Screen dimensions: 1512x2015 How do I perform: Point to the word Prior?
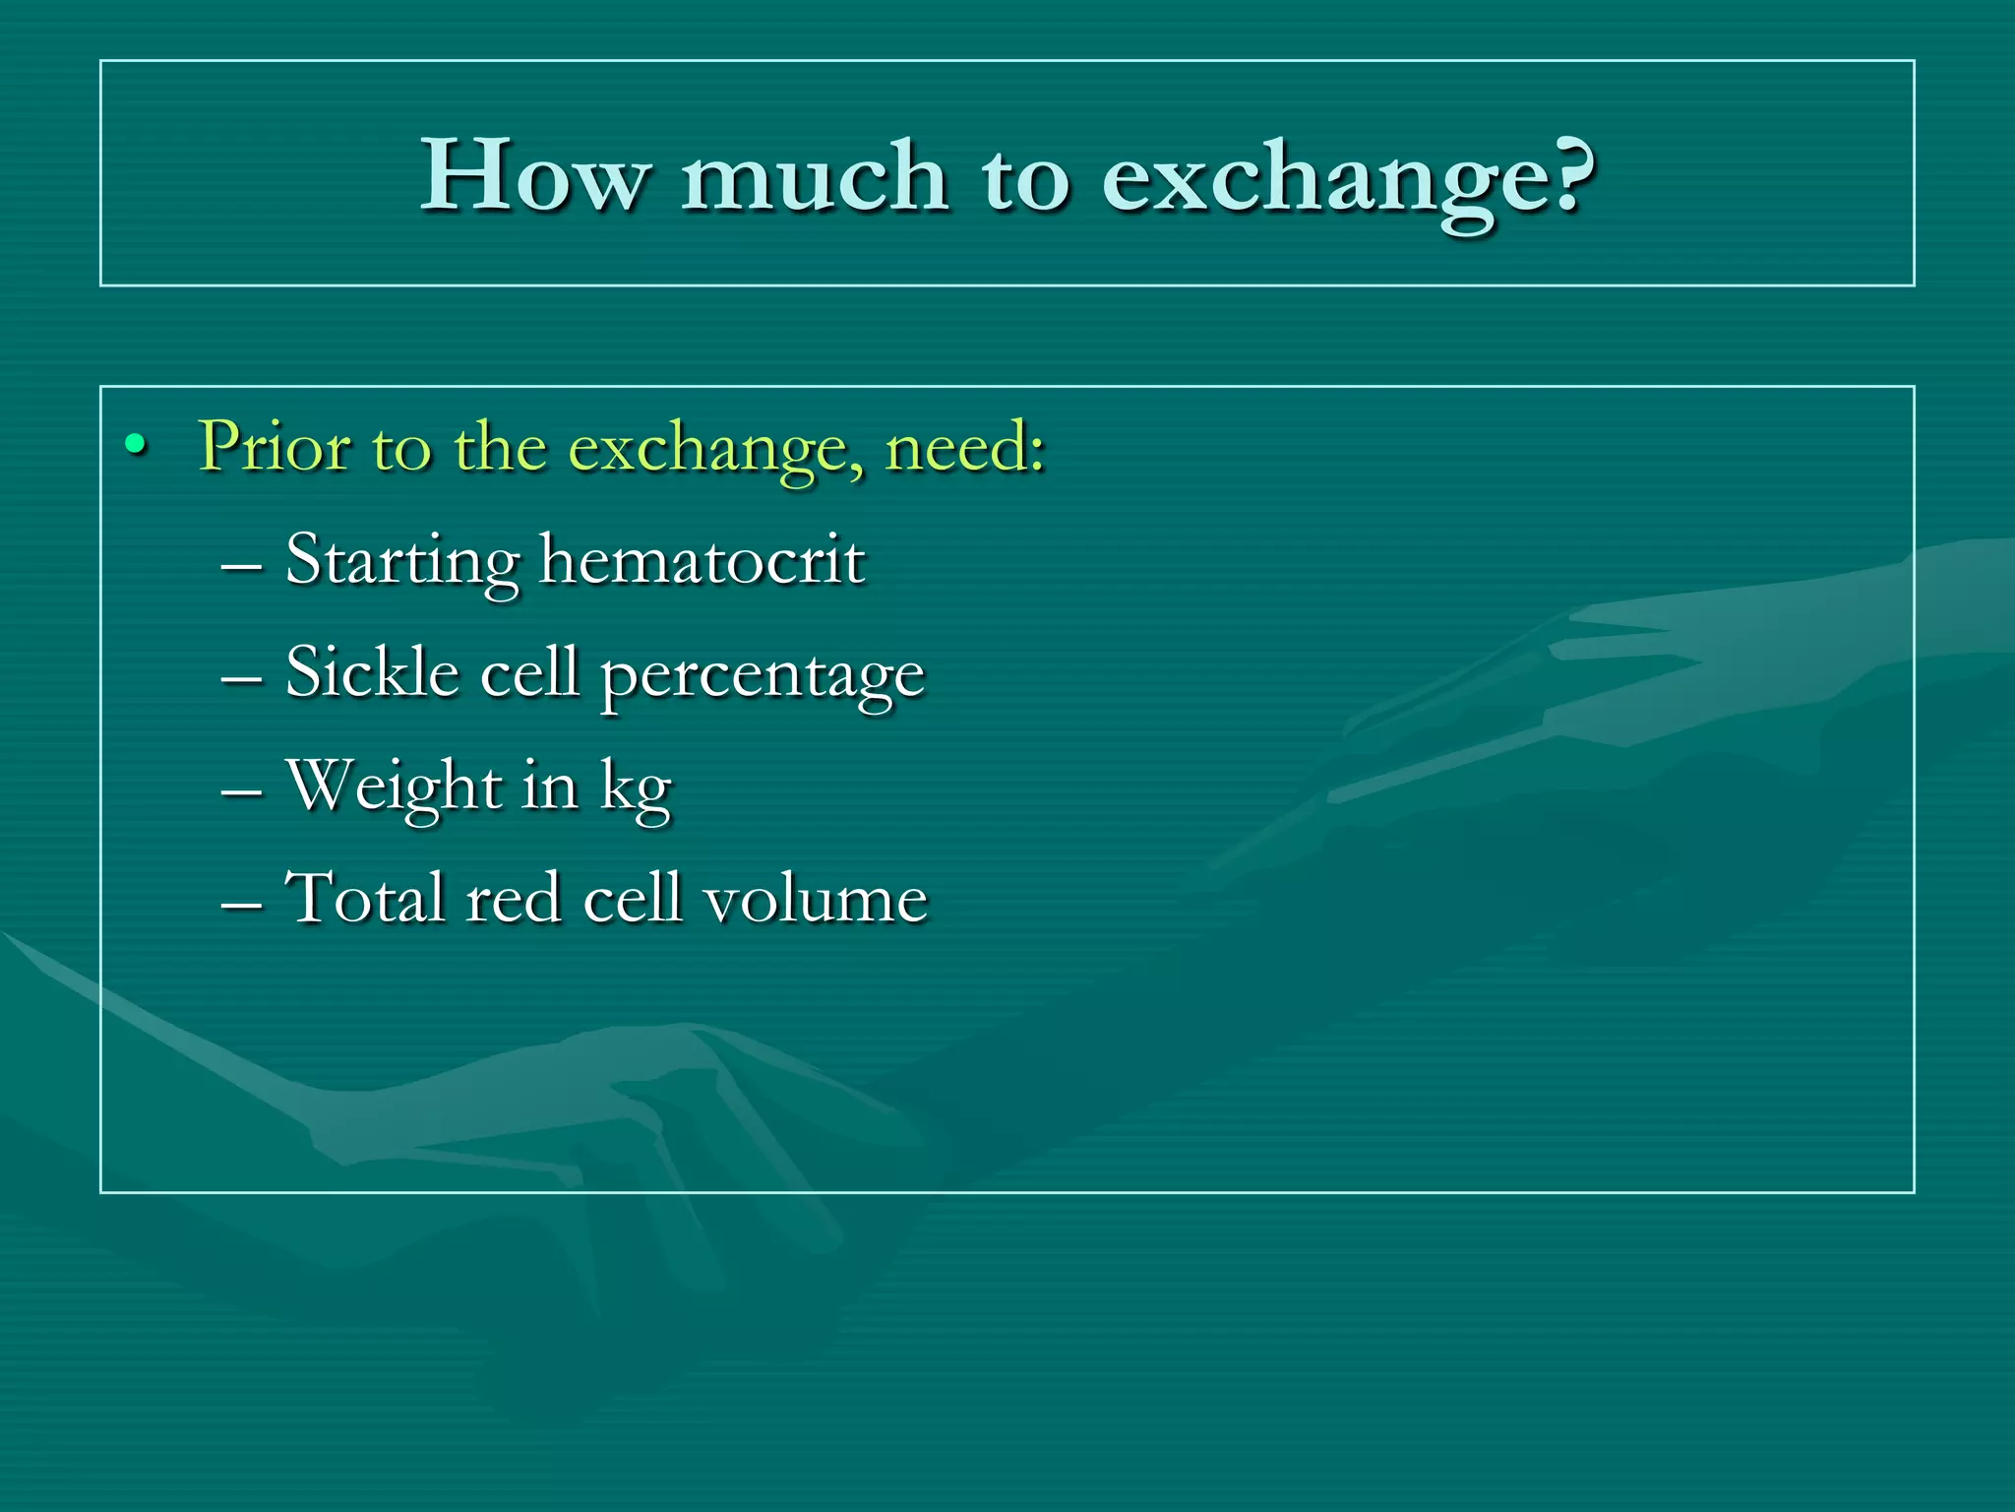pos(275,446)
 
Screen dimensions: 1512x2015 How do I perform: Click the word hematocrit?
pos(702,559)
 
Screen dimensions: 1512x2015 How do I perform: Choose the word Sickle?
pos(372,672)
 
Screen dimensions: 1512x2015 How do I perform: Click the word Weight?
pos(394,787)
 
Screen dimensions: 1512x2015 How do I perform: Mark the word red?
pos(513,900)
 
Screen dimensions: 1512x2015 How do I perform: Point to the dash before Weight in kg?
pos(242,793)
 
